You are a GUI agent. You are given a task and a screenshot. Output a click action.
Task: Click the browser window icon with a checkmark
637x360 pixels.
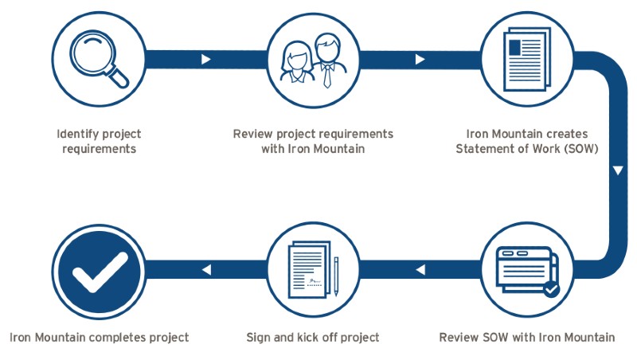(526, 272)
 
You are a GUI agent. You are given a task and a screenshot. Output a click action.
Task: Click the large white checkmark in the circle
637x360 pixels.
(100, 272)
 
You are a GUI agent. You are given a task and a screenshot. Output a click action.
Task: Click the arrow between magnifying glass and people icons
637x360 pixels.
(207, 60)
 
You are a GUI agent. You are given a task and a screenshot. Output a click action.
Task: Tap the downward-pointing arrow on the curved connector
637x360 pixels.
(618, 170)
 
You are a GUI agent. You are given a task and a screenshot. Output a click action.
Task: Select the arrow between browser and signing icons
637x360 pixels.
(420, 271)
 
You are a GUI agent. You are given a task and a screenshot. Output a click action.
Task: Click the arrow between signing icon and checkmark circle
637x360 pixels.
(207, 271)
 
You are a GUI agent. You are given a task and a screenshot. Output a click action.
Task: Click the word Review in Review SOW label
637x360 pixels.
(459, 338)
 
